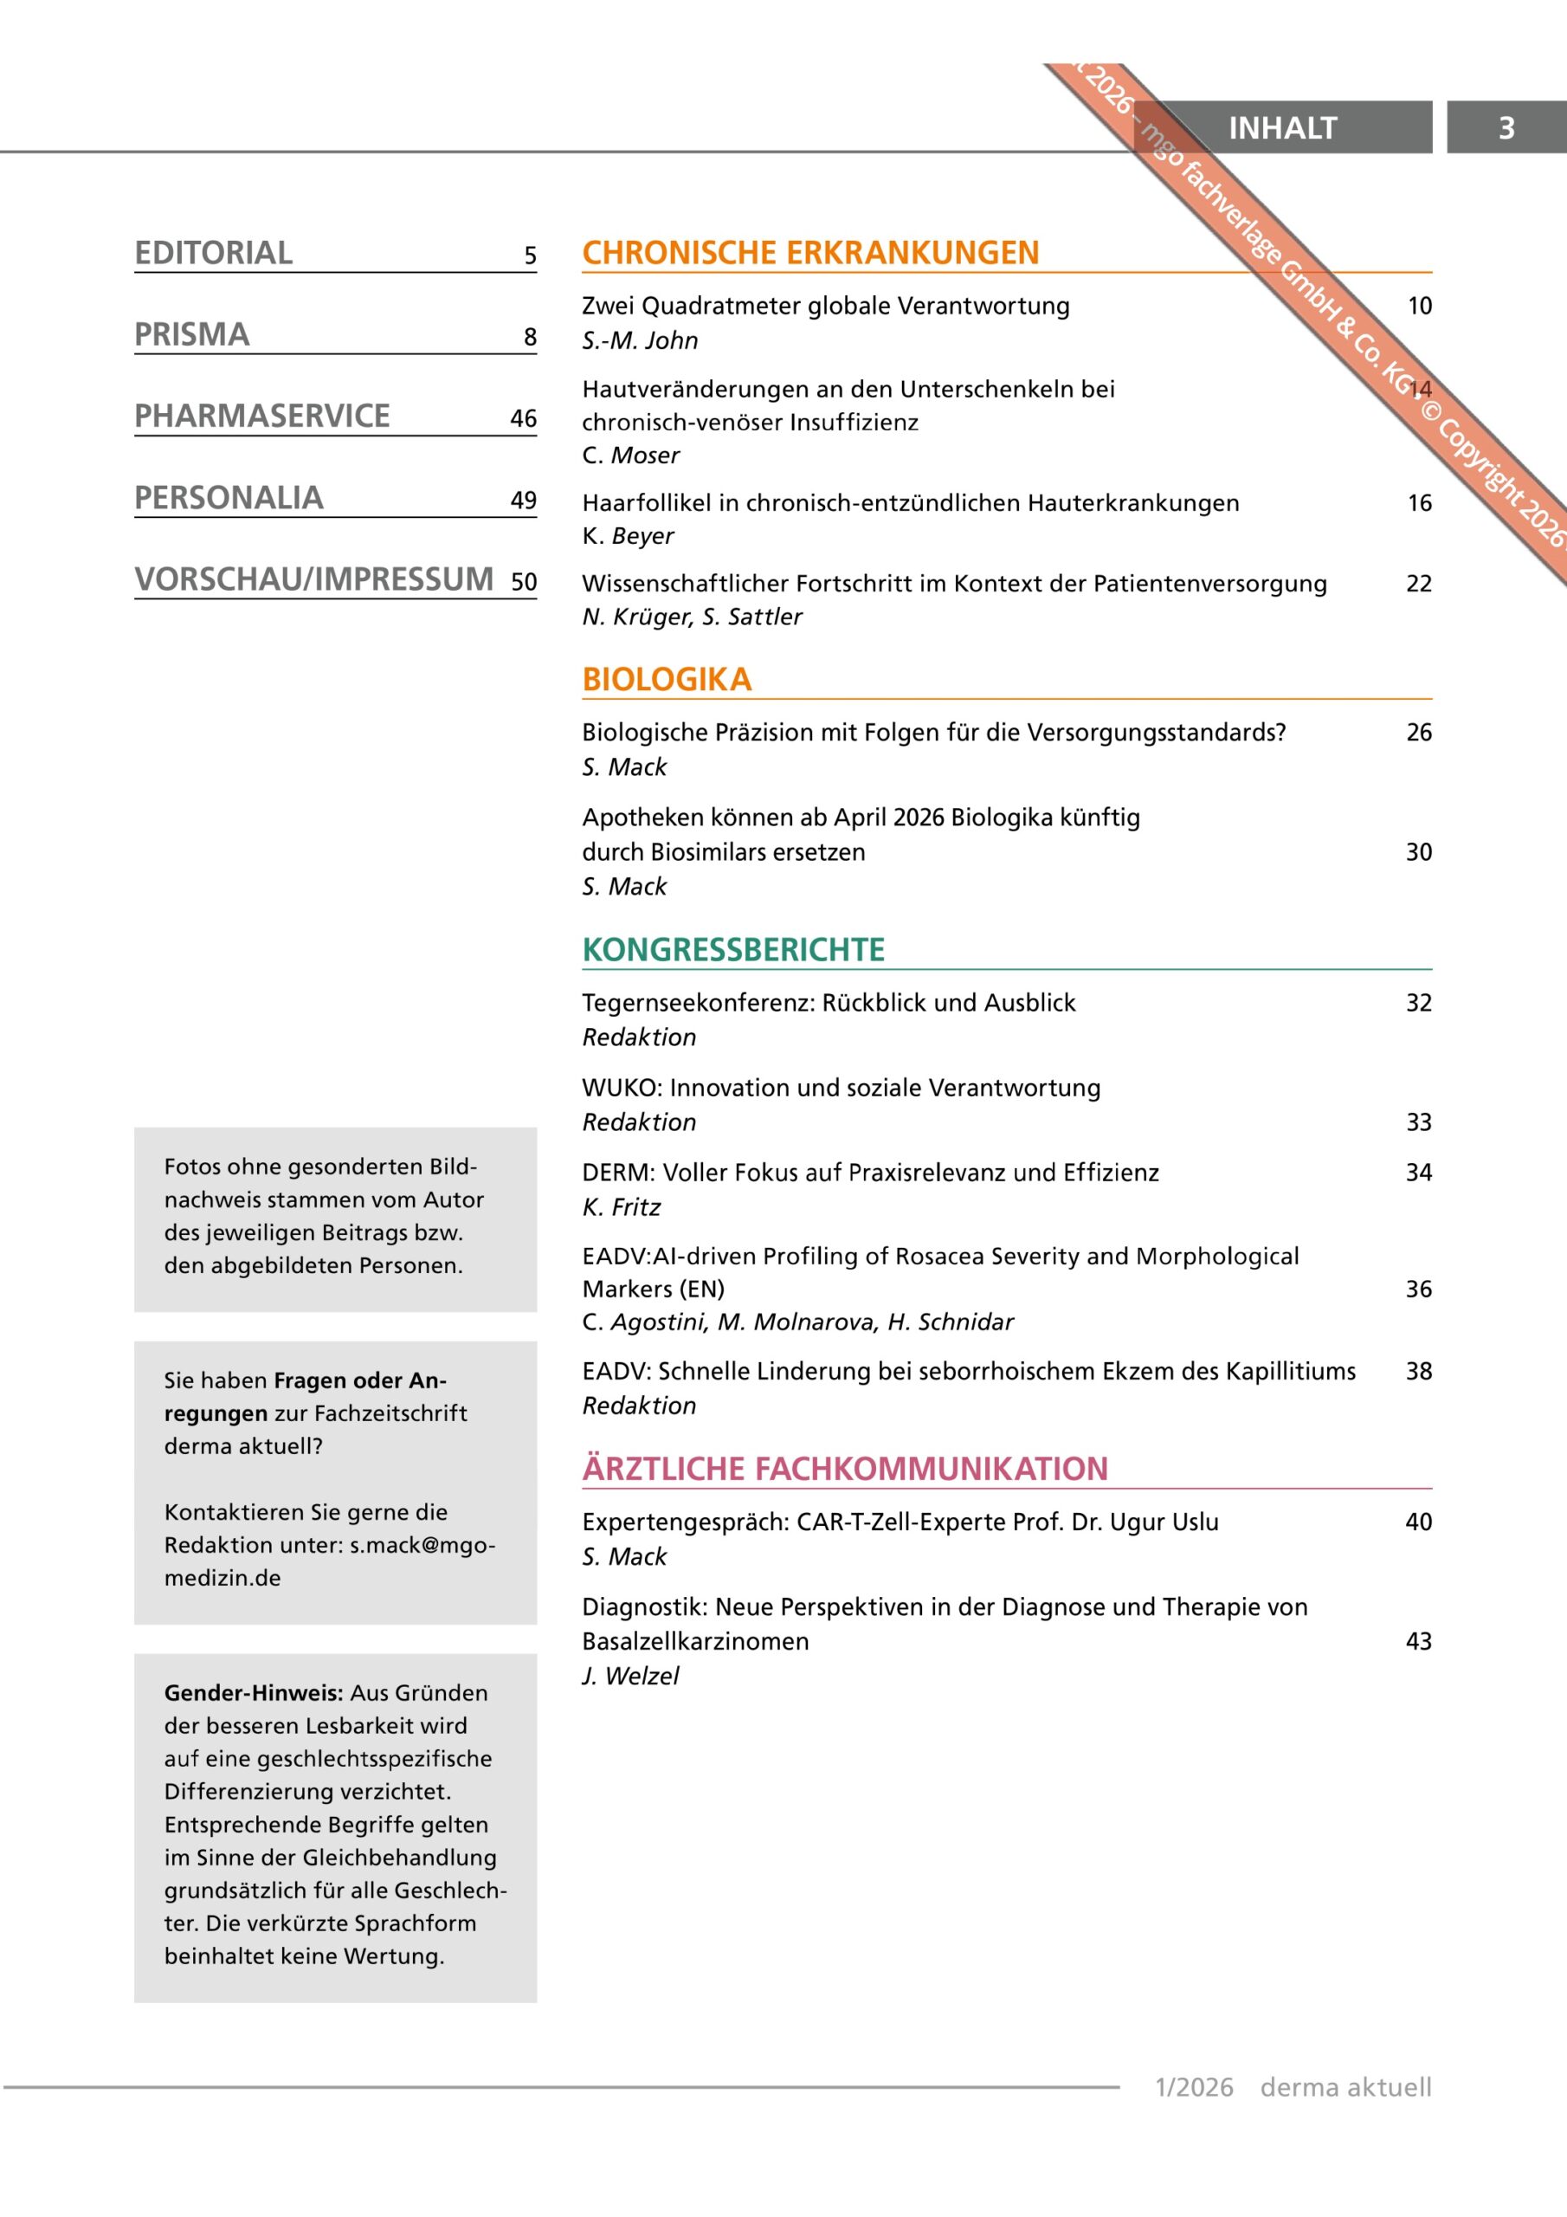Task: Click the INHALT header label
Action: [x=1281, y=127]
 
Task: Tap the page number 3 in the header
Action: [x=1506, y=127]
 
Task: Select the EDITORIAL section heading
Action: [x=213, y=253]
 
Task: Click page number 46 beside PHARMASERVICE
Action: [x=523, y=418]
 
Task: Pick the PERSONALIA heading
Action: [x=229, y=498]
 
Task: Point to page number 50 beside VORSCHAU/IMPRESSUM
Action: [x=523, y=581]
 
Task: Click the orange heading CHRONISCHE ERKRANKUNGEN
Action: [x=810, y=253]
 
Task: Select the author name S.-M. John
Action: [x=639, y=341]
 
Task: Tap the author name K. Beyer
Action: [x=628, y=536]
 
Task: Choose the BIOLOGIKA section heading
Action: [x=667, y=680]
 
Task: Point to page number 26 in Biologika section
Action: [x=1418, y=732]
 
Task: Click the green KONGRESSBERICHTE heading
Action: [x=732, y=950]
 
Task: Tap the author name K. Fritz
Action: [x=621, y=1207]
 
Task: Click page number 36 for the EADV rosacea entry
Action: [x=1418, y=1289]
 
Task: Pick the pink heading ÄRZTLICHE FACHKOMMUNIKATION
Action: [x=845, y=1469]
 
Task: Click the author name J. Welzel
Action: [x=630, y=1677]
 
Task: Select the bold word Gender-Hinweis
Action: [x=253, y=1693]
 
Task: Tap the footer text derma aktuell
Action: [x=1345, y=2088]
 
